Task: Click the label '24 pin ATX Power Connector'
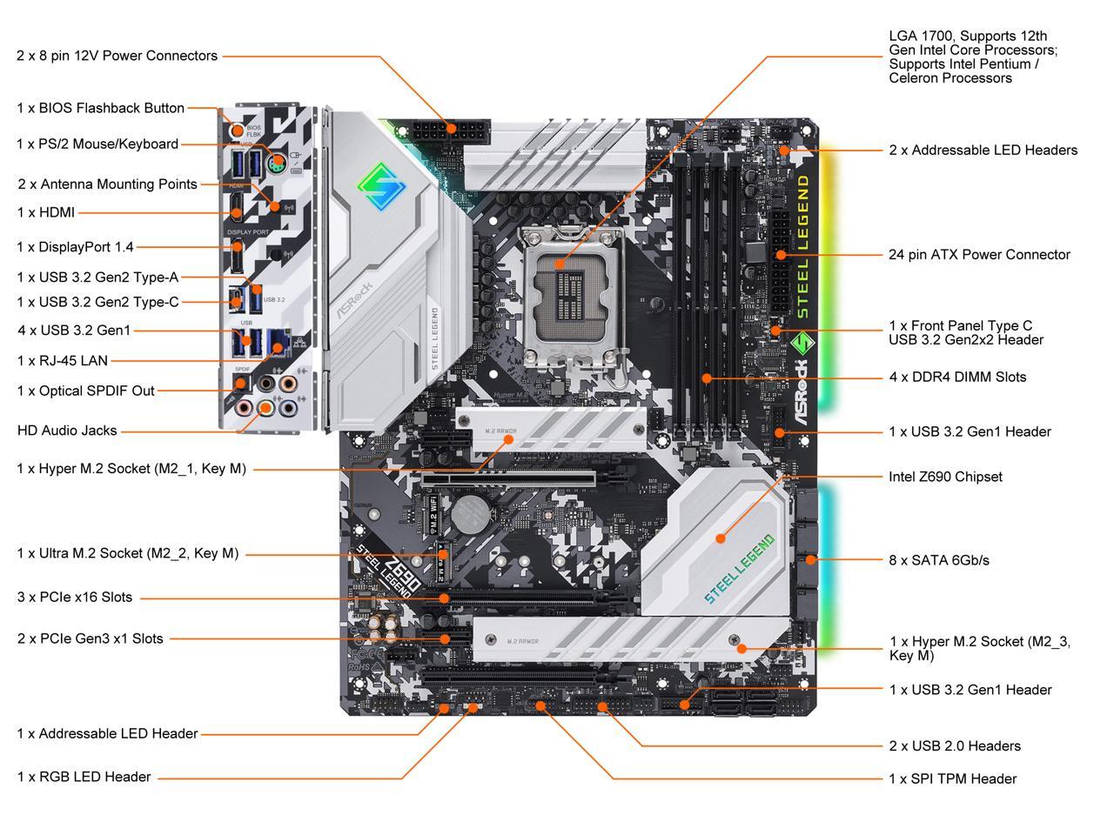point(979,255)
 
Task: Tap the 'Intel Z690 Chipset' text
point(945,477)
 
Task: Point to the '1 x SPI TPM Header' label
point(952,778)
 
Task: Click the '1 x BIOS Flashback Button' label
point(100,108)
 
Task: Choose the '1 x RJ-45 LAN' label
point(63,360)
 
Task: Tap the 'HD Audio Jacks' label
point(67,431)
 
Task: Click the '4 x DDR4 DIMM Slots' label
point(957,377)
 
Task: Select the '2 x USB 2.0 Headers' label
point(955,745)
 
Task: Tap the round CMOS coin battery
point(471,514)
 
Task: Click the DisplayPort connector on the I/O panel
point(236,257)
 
